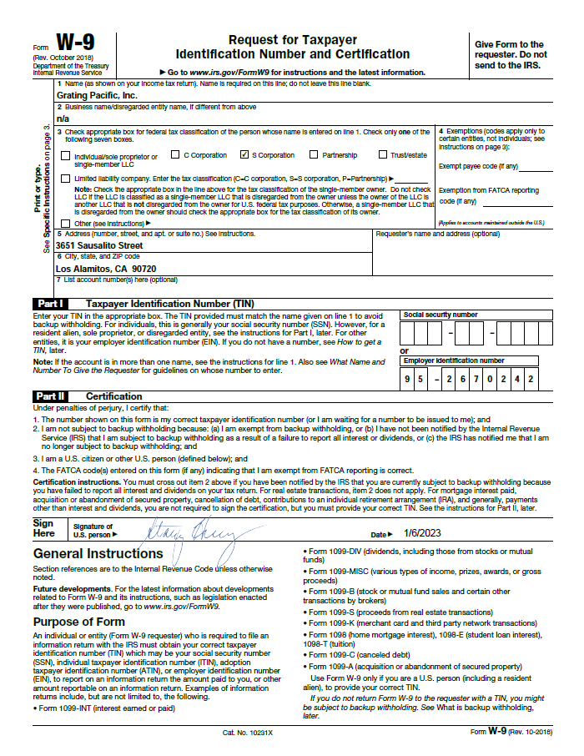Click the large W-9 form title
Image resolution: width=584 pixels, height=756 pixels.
click(70, 44)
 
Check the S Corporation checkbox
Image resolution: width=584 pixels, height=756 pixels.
click(244, 154)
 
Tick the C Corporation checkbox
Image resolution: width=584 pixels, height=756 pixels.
click(175, 154)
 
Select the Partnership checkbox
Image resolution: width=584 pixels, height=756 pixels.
click(314, 154)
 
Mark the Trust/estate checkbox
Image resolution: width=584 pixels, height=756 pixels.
click(383, 154)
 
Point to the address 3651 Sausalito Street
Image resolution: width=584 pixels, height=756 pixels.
click(99, 246)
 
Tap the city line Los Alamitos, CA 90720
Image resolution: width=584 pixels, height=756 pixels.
click(106, 270)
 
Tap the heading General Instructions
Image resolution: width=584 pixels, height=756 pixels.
click(98, 553)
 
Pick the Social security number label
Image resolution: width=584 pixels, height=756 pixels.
click(441, 315)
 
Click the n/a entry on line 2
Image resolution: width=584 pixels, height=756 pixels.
click(62, 118)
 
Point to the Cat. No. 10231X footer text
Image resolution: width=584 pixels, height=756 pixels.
click(248, 731)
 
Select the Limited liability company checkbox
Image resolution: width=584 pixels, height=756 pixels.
click(65, 179)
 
